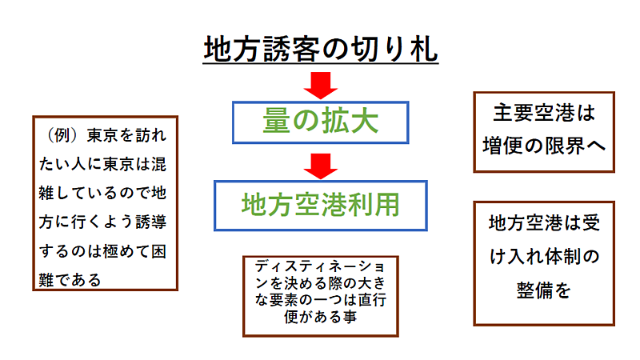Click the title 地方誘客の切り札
pyautogui.click(x=321, y=49)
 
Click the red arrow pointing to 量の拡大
pyautogui.click(x=321, y=86)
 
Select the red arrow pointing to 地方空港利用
pyautogui.click(x=321, y=166)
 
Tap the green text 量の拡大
pyautogui.click(x=321, y=122)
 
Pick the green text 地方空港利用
pyautogui.click(x=321, y=205)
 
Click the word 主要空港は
pyautogui.click(x=544, y=113)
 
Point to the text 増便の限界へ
pyautogui.click(x=544, y=146)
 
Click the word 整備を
pyautogui.click(x=544, y=290)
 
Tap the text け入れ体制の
pyautogui.click(x=545, y=256)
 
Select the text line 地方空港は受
pyautogui.click(x=545, y=223)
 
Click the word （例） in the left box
pyautogui.click(x=62, y=135)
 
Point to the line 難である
pyautogui.click(x=70, y=280)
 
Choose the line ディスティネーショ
pyautogui.click(x=321, y=267)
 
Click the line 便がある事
pyautogui.click(x=321, y=317)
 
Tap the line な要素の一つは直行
pyautogui.click(x=321, y=300)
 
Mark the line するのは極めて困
pyautogui.click(x=102, y=251)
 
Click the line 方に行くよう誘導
pyautogui.click(x=102, y=222)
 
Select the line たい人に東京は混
pyautogui.click(x=102, y=164)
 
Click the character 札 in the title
pyautogui.click(x=425, y=50)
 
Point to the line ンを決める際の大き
pyautogui.click(x=321, y=283)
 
